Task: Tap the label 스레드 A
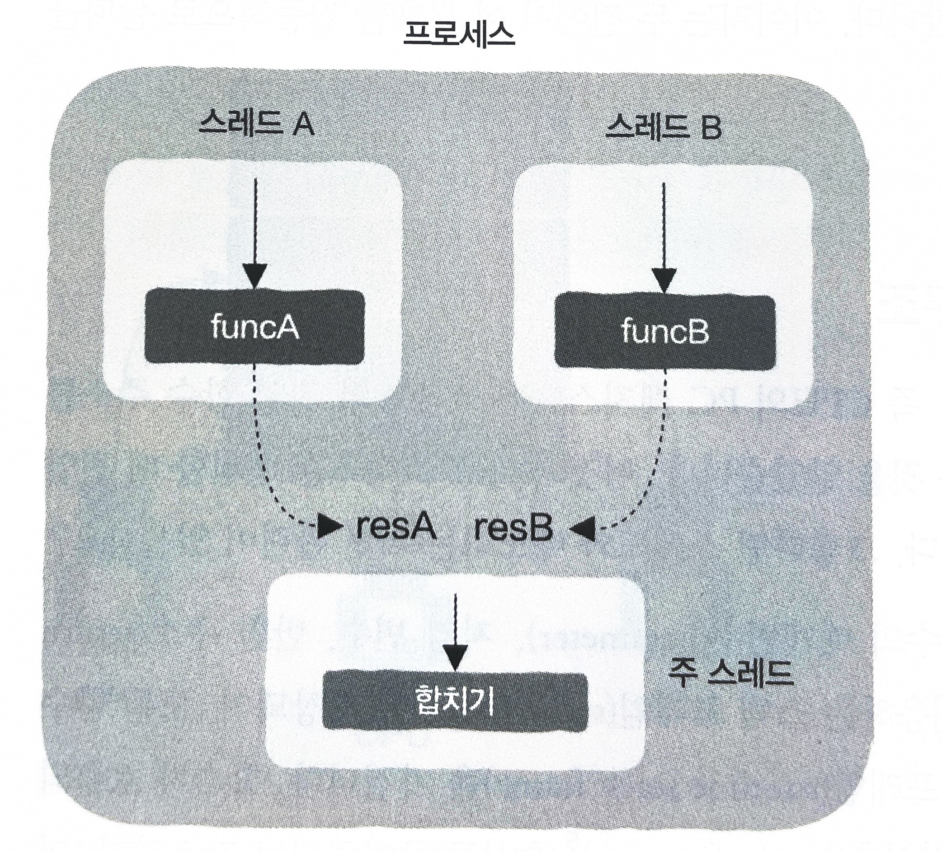pos(255,124)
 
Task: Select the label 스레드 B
pos(663,127)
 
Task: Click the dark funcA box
pos(254,327)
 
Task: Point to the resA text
pos(396,528)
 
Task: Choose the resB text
pos(513,529)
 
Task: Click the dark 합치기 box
pos(455,701)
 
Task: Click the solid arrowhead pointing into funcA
pos(254,276)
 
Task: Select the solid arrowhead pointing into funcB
pos(664,279)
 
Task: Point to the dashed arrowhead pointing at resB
pos(582,530)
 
